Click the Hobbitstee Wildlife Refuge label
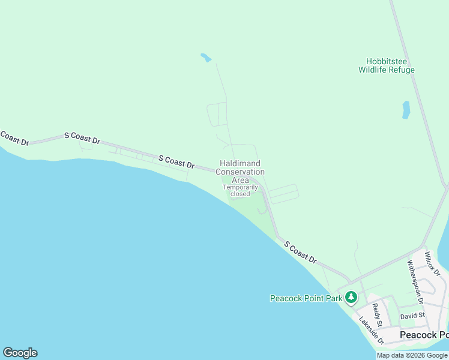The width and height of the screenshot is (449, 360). (387, 65)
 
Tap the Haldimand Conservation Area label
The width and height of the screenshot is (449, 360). (240, 172)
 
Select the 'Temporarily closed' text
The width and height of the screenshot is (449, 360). (240, 190)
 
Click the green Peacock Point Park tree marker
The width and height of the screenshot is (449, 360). (351, 297)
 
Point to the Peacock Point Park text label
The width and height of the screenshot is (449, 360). (306, 298)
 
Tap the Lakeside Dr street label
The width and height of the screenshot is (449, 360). (371, 331)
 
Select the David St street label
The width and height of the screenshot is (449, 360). (412, 316)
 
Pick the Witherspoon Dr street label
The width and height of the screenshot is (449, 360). (415, 281)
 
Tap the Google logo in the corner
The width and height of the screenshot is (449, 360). (20, 353)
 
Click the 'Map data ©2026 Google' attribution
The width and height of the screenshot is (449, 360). (412, 355)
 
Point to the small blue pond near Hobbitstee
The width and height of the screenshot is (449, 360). (406, 109)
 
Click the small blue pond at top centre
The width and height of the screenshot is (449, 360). (206, 58)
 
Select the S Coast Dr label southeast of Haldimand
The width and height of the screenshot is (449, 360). (300, 252)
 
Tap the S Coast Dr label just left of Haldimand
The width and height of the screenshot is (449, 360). (176, 161)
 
